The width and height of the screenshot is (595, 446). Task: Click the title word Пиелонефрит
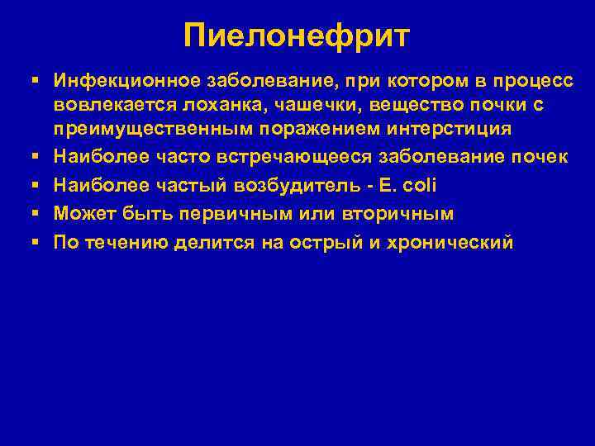tap(297, 36)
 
